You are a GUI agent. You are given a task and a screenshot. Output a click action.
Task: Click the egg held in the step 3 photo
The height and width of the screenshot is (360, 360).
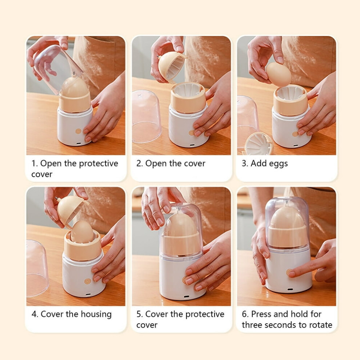(x=279, y=75)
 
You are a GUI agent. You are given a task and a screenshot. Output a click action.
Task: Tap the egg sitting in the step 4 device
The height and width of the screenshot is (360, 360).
(x=82, y=232)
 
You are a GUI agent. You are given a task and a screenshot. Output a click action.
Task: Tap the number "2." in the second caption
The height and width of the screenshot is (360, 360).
(x=139, y=163)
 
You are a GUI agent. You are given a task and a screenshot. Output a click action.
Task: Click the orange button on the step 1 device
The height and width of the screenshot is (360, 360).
(x=79, y=131)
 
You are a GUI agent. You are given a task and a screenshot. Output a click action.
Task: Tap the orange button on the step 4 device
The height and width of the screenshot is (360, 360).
(x=88, y=281)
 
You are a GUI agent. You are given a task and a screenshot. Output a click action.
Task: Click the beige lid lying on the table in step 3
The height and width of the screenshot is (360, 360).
(x=259, y=144)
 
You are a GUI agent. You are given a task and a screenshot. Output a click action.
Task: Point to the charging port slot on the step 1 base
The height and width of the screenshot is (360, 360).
(x=79, y=143)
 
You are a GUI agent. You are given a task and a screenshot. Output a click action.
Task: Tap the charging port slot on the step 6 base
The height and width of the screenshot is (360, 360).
(x=290, y=289)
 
